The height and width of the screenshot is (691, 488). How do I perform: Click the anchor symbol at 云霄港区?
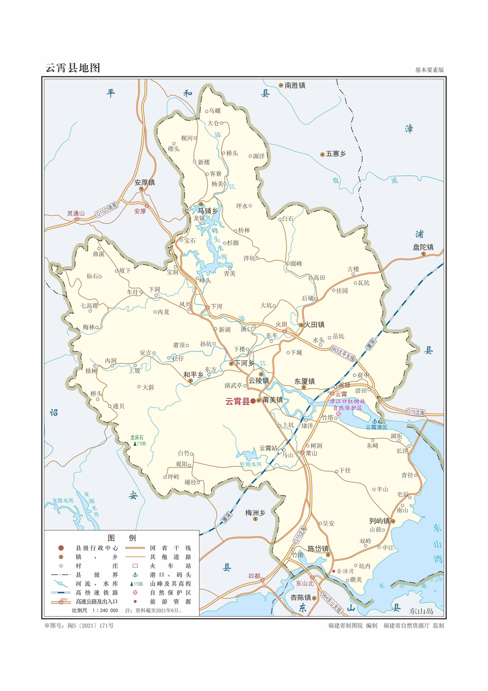(375, 421)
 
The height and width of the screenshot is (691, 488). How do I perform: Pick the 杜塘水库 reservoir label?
(251, 464)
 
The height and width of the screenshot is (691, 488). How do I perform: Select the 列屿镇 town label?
(379, 521)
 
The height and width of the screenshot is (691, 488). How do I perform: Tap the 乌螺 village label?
(215, 111)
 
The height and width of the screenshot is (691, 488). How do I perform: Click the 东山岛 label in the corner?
(421, 611)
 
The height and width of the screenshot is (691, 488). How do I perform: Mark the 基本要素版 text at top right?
(429, 70)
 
